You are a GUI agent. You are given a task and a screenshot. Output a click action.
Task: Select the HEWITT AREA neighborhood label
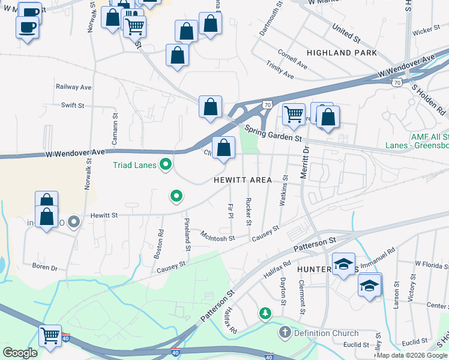point(243,180)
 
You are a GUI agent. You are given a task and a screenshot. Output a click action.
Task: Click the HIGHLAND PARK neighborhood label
point(342,53)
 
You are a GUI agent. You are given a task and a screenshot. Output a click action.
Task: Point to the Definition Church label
point(325,333)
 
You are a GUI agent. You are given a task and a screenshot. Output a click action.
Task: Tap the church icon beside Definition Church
point(285,332)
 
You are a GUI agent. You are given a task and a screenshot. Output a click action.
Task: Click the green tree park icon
point(264,313)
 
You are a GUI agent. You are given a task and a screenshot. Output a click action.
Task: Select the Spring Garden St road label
point(274,133)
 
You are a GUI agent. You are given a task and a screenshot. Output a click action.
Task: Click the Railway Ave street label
point(73,87)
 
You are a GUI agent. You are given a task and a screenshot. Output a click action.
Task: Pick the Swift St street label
point(73,105)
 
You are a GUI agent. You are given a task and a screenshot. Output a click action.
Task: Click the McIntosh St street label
point(217,236)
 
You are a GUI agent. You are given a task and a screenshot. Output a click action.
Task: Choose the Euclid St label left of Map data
point(356,344)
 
